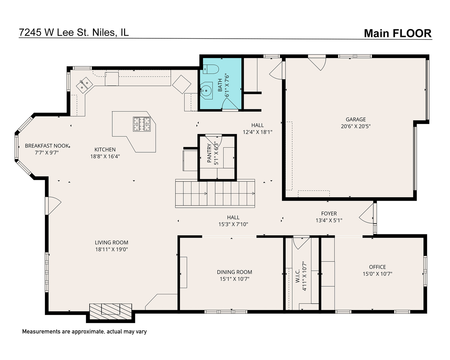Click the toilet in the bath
coord(210,69)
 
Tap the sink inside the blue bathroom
coord(207,90)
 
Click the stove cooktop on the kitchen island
coord(142,124)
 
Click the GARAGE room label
coord(356,119)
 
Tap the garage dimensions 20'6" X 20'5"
coord(356,126)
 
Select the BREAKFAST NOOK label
coord(47,146)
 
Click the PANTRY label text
coord(209,153)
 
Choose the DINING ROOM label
coord(234,272)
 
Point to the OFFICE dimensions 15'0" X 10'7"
coord(377,274)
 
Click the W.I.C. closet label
coord(298,276)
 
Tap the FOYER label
coord(329,213)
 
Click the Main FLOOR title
coord(397,33)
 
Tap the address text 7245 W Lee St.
coord(74,32)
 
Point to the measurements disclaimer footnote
coord(84,332)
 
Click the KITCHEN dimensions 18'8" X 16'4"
coord(105,156)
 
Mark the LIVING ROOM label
coord(111,243)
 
